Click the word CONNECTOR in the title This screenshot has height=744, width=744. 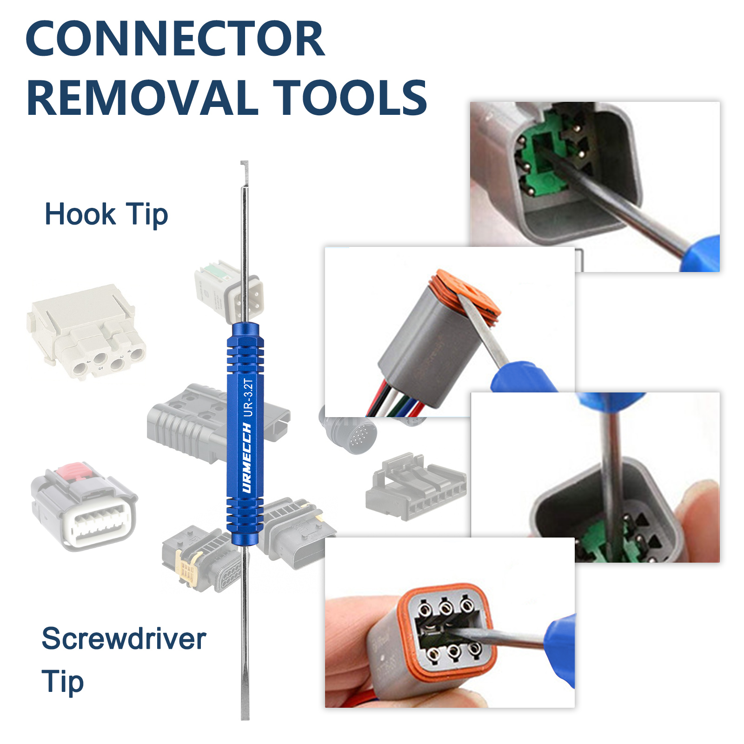coord(175,39)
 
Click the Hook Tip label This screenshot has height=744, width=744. coord(106,214)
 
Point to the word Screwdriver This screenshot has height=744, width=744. coord(124,638)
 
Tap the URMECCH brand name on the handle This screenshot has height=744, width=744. coord(247,458)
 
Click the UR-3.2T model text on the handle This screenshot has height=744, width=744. coord(249,398)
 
